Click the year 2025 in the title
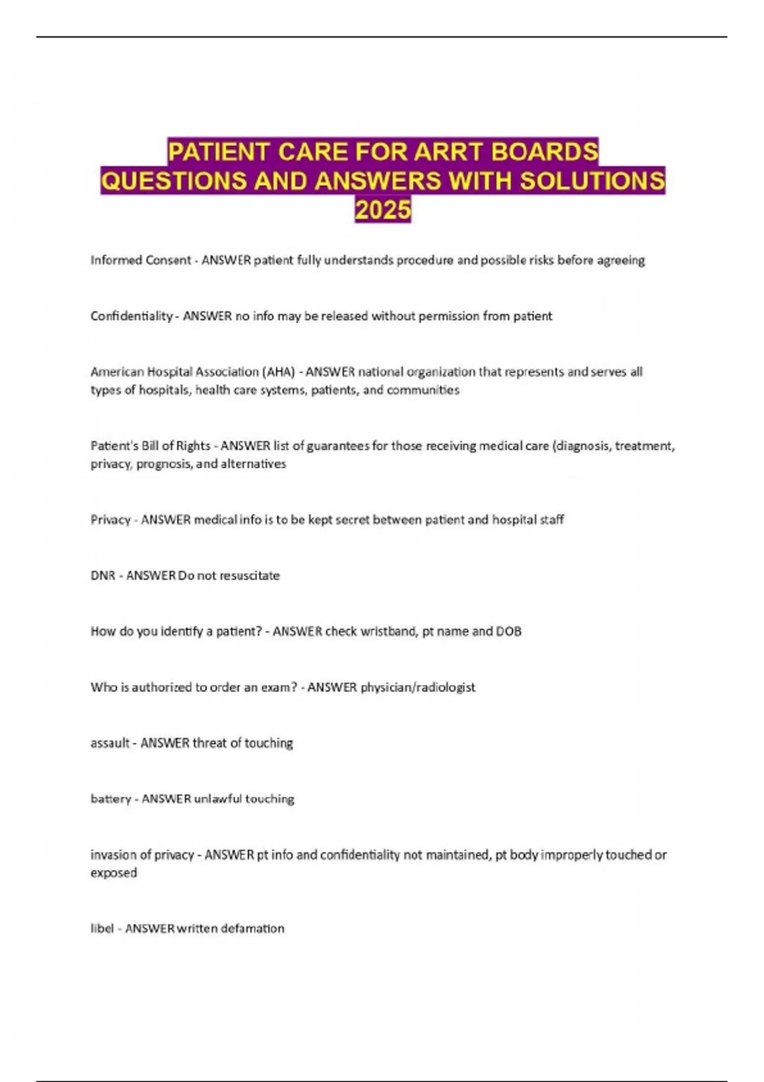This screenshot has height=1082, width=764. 383,210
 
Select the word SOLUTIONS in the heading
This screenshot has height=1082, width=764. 592,181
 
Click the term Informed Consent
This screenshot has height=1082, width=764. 141,260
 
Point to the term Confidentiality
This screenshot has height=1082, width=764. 131,316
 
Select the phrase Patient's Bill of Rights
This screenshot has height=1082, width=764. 150,446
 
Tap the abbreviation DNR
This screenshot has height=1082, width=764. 103,575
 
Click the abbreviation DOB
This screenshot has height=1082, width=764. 508,631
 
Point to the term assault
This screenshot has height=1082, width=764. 110,743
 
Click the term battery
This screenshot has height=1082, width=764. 110,799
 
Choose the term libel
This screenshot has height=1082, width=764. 102,929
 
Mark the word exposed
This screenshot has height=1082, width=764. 113,873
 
